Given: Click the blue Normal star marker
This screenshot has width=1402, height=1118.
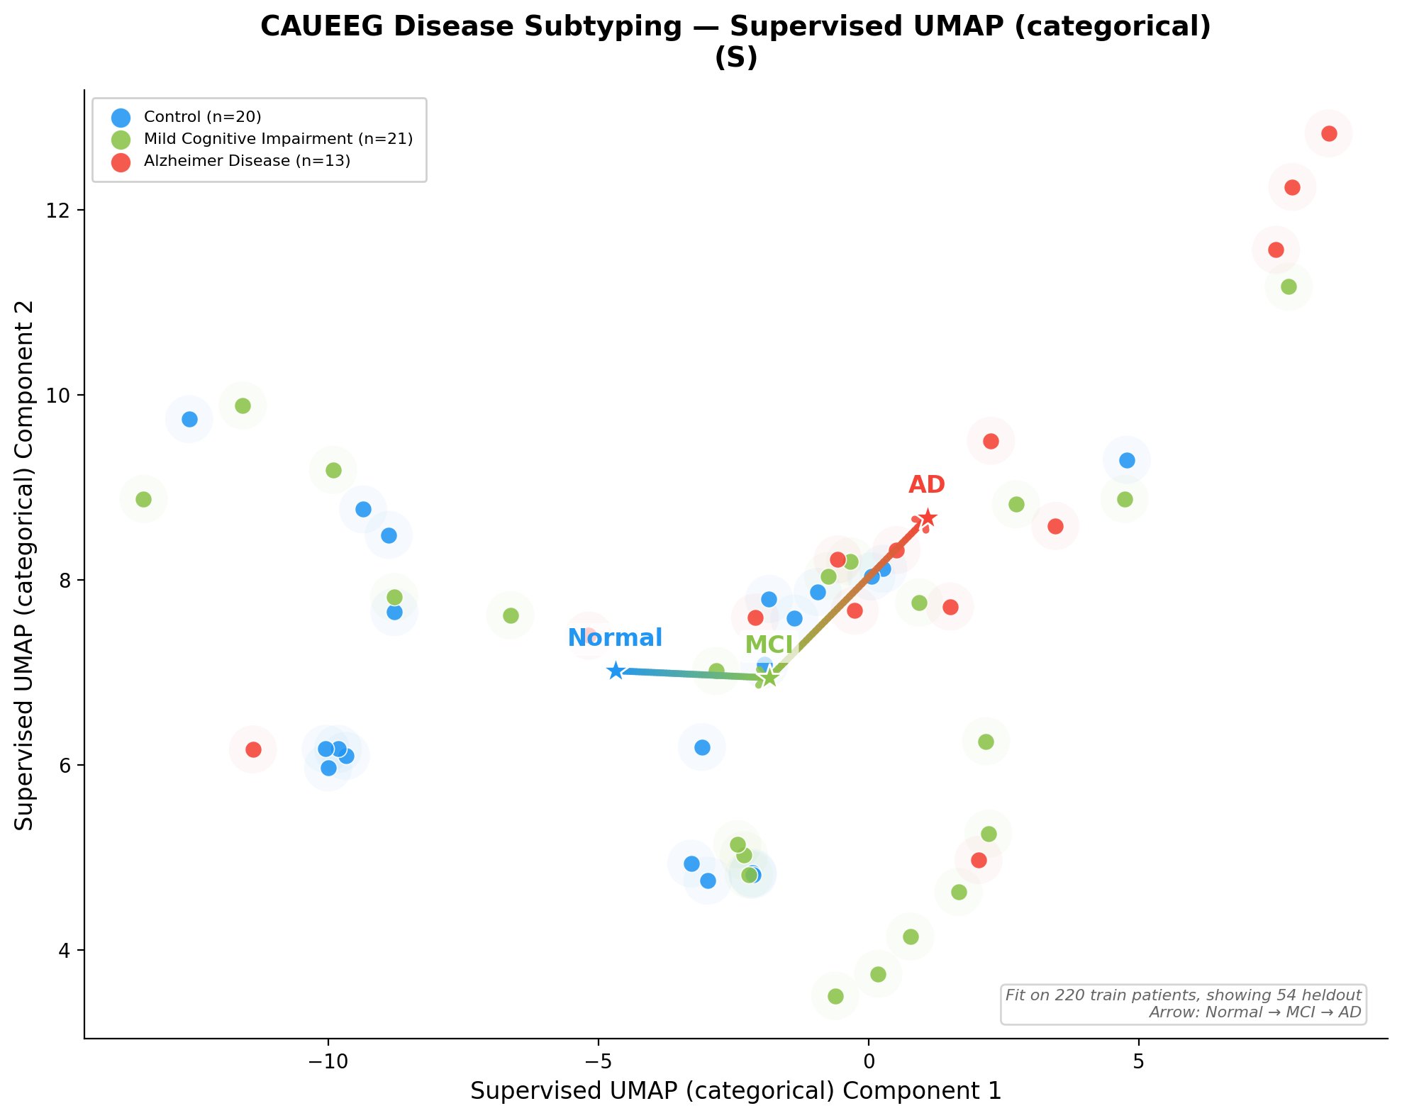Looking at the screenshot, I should (x=616, y=671).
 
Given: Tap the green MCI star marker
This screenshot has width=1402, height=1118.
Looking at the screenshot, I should (x=769, y=678).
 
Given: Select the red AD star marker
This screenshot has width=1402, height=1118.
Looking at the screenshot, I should (x=927, y=518).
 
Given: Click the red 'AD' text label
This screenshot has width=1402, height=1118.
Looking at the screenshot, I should (x=927, y=485).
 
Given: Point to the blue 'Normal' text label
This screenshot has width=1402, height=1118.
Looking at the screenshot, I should (x=615, y=638).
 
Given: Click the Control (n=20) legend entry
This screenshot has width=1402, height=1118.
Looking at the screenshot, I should (x=202, y=117).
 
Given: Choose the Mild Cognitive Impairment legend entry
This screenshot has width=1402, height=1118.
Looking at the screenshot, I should (x=278, y=139).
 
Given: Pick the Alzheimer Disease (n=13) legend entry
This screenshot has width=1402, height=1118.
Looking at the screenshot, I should (x=247, y=161).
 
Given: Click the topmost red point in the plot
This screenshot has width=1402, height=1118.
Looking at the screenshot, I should (x=1329, y=133).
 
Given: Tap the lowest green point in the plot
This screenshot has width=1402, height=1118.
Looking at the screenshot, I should (x=835, y=996).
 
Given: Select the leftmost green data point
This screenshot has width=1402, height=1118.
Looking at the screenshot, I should (x=143, y=499).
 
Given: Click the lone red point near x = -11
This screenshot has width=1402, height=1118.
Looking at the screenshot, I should (x=253, y=749).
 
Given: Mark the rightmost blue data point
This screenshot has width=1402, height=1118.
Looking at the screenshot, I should (x=1127, y=460).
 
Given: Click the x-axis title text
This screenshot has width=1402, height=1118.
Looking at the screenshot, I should (x=735, y=1091).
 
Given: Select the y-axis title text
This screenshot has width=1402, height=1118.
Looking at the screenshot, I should (x=25, y=564).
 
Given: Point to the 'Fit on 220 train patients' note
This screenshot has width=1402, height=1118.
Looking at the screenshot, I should (x=1183, y=995).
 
